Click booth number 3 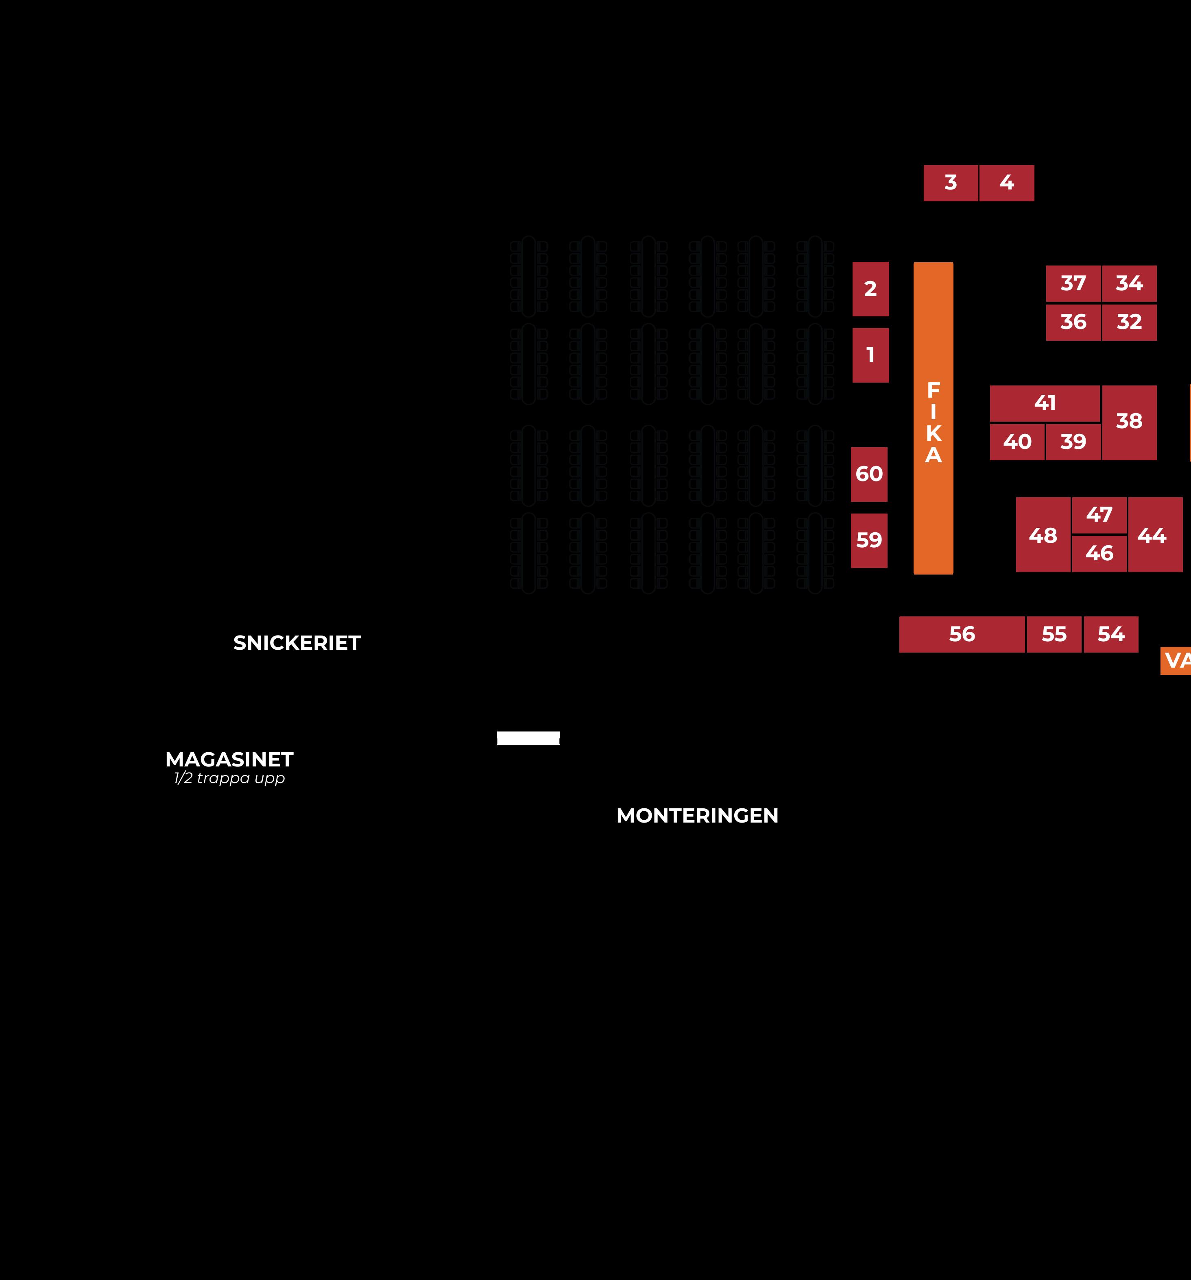click(951, 183)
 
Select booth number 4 click(1007, 183)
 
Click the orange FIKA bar click(934, 418)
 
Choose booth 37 click(1073, 283)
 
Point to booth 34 click(1129, 283)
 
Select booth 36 click(1073, 322)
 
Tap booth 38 click(1129, 422)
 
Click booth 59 click(869, 541)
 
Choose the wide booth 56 click(962, 635)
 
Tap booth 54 click(1111, 635)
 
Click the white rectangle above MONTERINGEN click(528, 738)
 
